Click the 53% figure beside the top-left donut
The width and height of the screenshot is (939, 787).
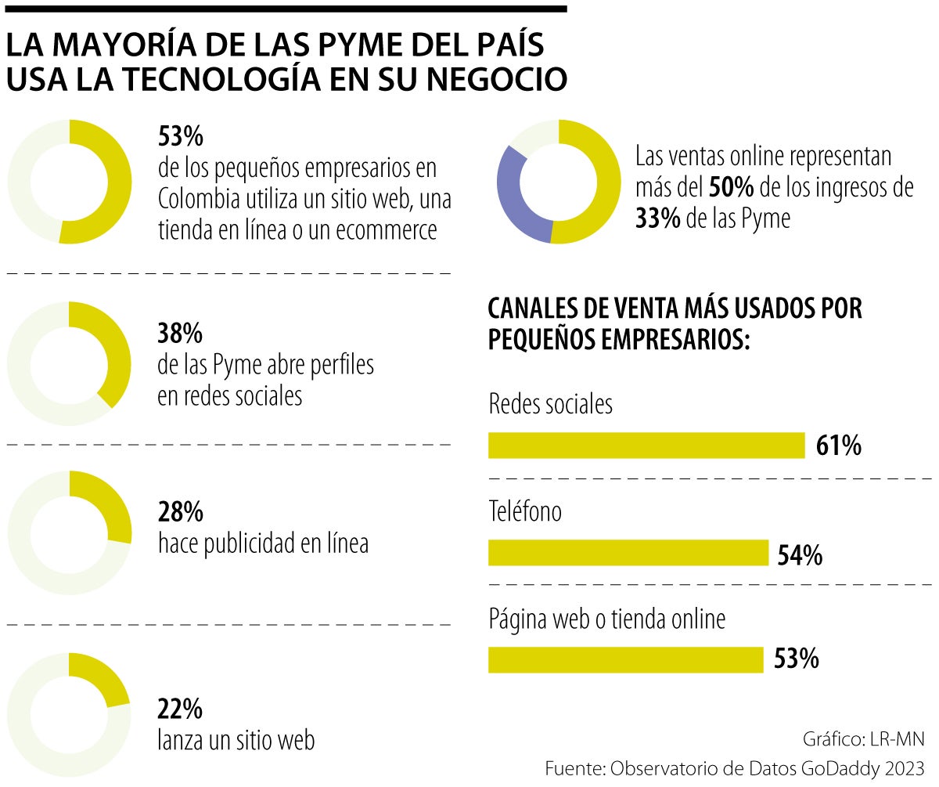point(181,137)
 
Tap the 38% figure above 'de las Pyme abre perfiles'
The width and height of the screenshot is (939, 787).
point(181,334)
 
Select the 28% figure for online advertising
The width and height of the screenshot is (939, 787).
point(181,513)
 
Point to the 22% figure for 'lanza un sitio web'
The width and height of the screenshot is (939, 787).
point(181,709)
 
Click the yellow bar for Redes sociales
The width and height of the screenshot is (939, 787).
point(646,445)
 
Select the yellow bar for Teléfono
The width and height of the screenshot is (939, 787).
point(628,553)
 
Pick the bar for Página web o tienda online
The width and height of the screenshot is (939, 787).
point(625,659)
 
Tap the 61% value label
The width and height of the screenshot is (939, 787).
point(838,446)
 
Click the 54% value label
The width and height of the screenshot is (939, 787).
point(800,555)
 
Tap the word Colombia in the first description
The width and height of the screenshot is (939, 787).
point(198,199)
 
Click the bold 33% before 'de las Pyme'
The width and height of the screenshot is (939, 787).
point(658,219)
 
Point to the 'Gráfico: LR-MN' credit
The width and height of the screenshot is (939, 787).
point(863,739)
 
